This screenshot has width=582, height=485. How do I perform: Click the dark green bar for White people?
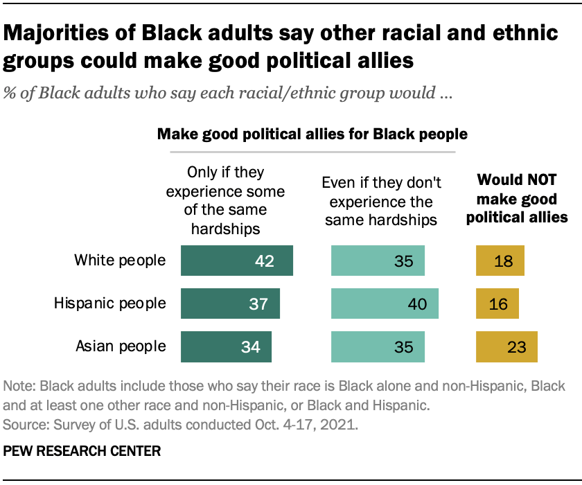click(236, 261)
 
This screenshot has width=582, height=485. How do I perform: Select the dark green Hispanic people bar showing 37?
click(230, 303)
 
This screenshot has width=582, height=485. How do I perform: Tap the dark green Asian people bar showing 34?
click(226, 346)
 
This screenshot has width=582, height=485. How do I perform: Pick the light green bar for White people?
click(378, 261)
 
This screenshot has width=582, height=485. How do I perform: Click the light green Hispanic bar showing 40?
click(385, 303)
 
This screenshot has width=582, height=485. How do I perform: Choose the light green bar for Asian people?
click(378, 346)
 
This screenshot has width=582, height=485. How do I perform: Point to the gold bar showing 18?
click(500, 261)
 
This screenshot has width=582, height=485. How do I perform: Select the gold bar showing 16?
click(497, 303)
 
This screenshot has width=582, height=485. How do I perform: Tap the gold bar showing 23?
click(506, 346)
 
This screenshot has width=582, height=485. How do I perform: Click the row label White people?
click(121, 261)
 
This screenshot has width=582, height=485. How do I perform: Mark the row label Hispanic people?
click(110, 303)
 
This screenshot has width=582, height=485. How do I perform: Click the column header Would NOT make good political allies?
click(517, 200)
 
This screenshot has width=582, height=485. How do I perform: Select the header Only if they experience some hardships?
click(226, 199)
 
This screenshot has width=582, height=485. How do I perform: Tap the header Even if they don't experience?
click(382, 202)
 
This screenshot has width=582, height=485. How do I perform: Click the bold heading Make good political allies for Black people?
click(312, 134)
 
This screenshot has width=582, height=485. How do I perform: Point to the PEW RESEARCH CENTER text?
click(82, 451)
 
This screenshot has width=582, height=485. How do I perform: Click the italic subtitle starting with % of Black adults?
click(228, 94)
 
